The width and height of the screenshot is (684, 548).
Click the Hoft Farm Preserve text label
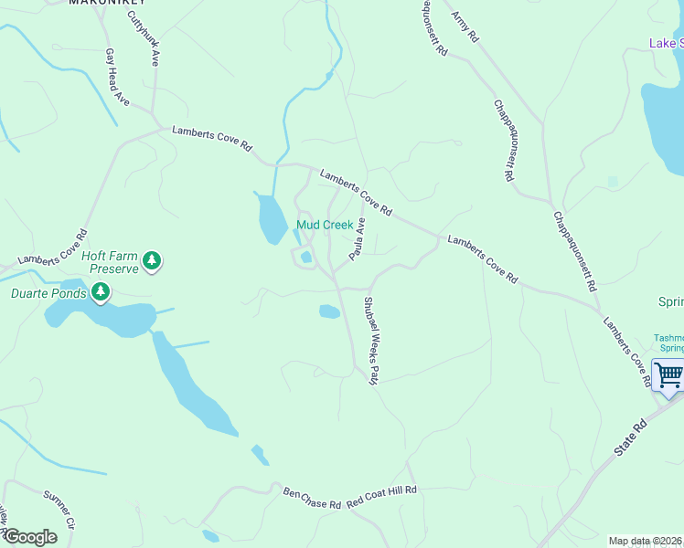tap(110, 263)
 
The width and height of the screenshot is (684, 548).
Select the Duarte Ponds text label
tap(48, 293)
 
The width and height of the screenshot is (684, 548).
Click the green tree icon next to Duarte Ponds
tap(100, 293)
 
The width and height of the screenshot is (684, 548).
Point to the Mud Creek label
tap(325, 225)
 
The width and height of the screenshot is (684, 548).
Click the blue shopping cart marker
tap(668, 375)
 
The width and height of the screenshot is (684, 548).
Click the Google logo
tap(29, 537)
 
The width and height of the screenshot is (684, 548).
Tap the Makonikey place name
tap(108, 3)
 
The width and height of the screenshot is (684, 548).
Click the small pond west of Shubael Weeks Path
tap(329, 311)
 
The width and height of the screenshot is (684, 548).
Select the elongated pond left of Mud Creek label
tap(272, 219)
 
